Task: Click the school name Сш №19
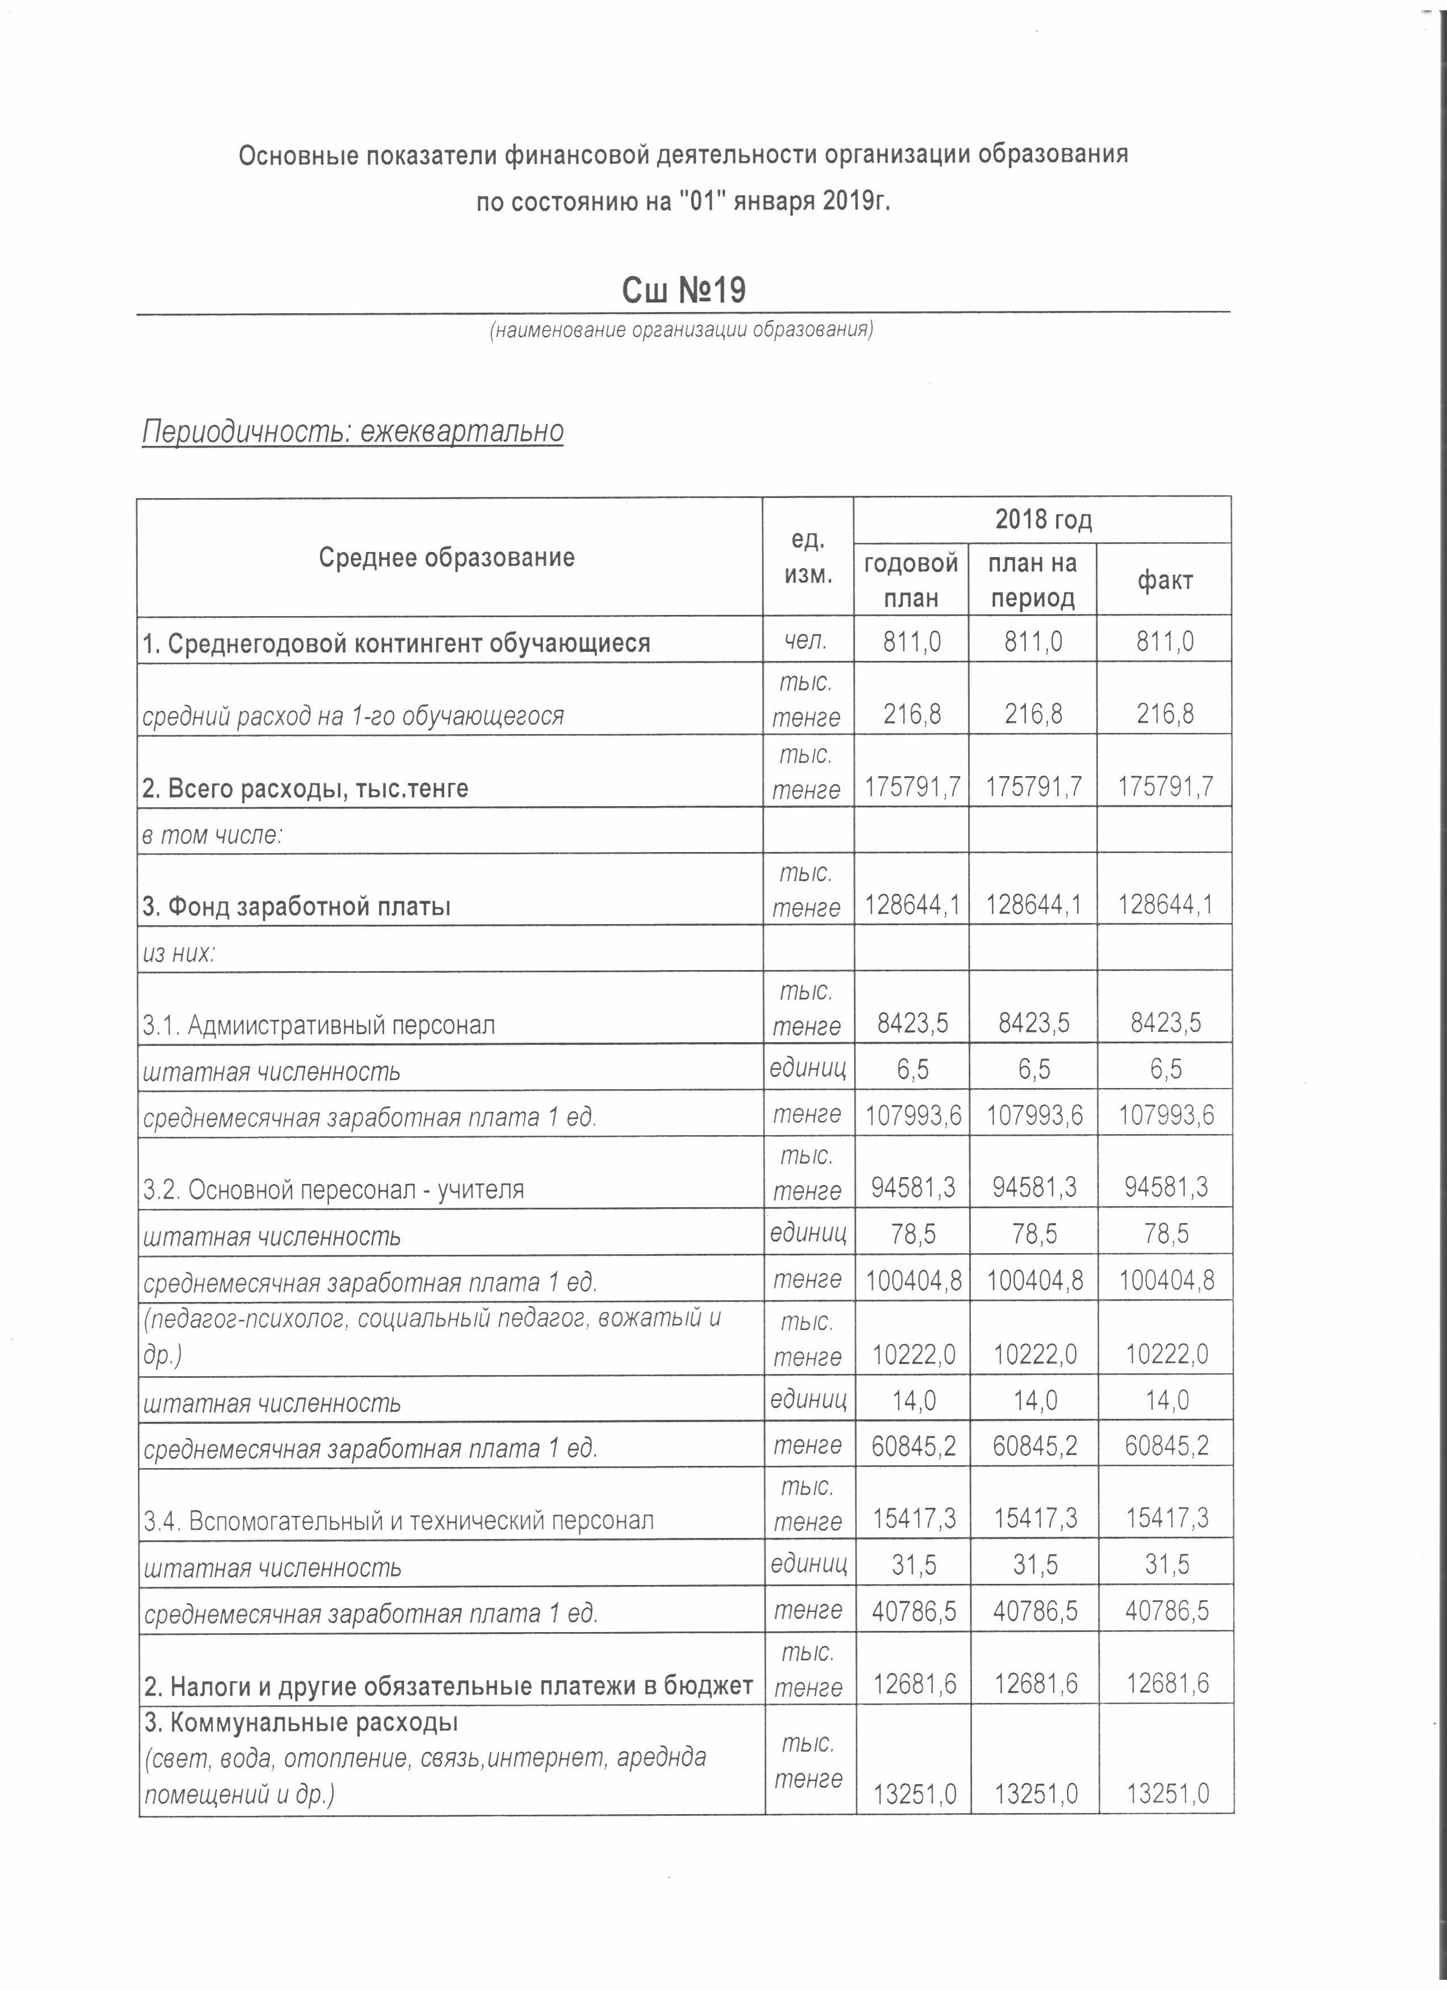coord(684,290)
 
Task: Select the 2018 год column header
coord(1042,520)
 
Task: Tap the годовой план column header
coord(911,580)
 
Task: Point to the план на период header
coord(1032,580)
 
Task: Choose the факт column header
coord(1164,580)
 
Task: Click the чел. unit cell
coord(806,642)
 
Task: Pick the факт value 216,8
coord(1164,713)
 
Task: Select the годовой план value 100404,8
coord(912,1281)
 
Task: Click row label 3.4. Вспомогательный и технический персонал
coord(399,1520)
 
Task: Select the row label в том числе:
coord(212,834)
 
